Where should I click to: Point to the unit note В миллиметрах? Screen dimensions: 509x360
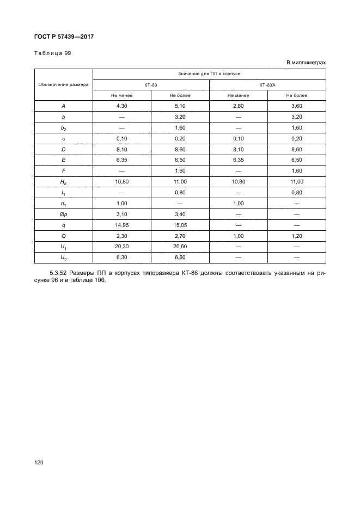tap(306, 63)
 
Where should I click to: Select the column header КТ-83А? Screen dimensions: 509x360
tap(267, 85)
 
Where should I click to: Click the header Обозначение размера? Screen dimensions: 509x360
tap(64, 85)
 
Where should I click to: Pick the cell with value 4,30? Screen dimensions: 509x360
tap(121, 106)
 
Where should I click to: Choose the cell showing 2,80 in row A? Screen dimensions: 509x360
tap(238, 106)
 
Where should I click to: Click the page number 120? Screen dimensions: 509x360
tap(39, 462)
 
